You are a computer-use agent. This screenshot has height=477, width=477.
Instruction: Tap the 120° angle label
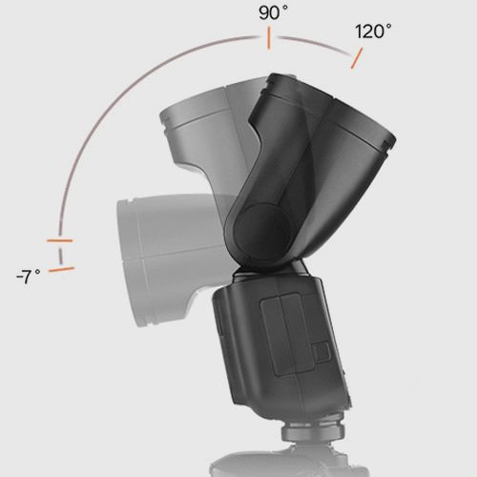pos(373,31)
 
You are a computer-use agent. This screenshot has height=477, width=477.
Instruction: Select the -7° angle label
pos(28,277)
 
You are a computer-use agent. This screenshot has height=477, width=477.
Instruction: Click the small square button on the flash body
pos(321,352)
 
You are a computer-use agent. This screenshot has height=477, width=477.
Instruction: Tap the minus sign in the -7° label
pos(19,277)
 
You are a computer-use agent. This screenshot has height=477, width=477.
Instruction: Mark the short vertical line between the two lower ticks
pos(60,255)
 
